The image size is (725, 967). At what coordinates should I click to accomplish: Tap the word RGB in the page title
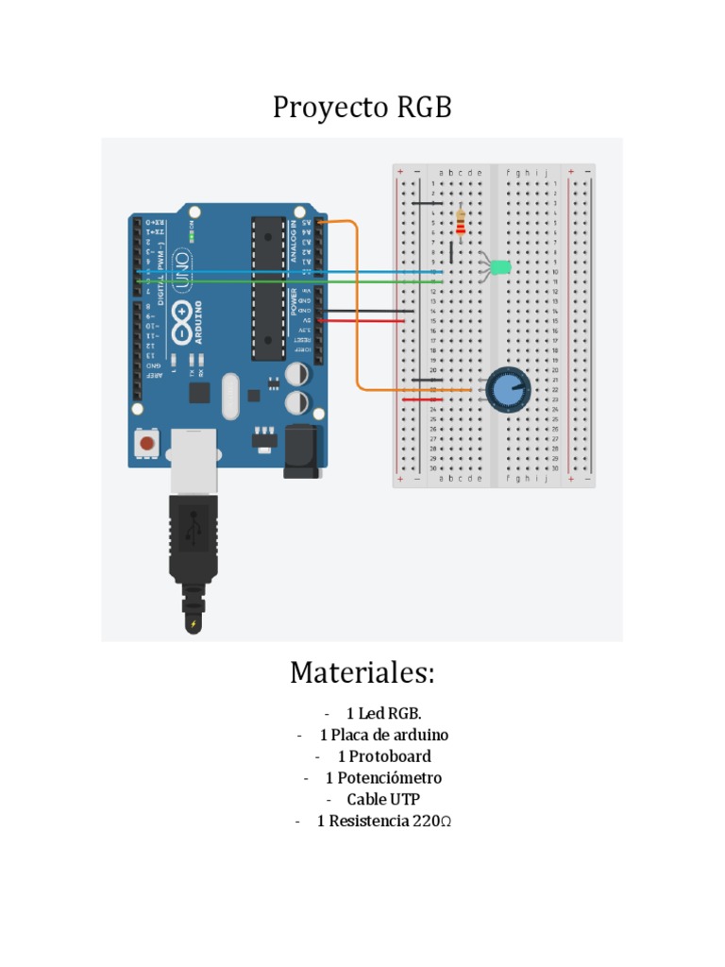coord(424,108)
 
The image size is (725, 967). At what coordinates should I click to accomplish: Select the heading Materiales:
coord(362,673)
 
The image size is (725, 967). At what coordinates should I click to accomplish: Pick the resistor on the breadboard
coord(460,222)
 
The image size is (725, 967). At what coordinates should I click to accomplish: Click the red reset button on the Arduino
coord(146,442)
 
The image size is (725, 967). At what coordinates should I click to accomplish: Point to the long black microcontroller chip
coord(267,288)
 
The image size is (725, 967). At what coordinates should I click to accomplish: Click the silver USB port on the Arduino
coord(194,461)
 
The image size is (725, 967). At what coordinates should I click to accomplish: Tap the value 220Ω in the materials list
coord(431,822)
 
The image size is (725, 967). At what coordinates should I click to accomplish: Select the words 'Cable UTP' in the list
coord(378,800)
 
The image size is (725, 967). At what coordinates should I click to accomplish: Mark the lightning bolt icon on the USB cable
coord(194,624)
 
